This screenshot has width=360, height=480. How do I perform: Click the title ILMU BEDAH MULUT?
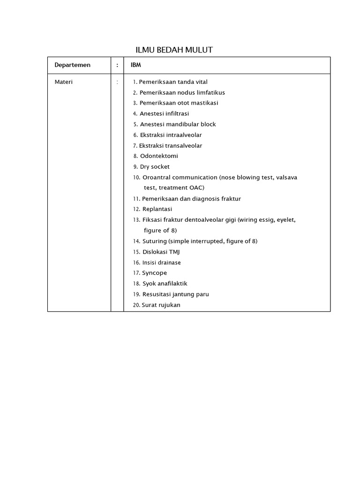pos(174,50)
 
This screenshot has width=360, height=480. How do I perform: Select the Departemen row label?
pos(72,65)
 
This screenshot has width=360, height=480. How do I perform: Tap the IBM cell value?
pos(136,65)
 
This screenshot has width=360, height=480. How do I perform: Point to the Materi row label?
pos(64,82)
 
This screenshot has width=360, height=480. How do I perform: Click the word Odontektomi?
pos(159,156)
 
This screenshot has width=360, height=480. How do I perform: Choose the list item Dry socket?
pos(155,167)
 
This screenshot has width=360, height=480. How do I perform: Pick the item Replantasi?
pos(157,209)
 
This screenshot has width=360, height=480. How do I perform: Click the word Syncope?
pos(154,273)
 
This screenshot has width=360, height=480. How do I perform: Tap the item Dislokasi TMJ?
pos(161,252)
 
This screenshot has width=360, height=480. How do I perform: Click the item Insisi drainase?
pos(161,262)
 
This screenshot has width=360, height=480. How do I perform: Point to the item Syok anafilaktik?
pos(165,284)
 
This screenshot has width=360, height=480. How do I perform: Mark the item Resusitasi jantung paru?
pos(175,294)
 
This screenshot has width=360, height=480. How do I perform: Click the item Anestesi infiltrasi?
pos(164,113)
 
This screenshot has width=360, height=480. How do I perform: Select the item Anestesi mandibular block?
pos(178,124)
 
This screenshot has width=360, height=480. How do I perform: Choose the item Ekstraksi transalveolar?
pos(171,146)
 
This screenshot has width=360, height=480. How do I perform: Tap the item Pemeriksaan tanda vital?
pos(173,82)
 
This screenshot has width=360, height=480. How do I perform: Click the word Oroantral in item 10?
pos(157,178)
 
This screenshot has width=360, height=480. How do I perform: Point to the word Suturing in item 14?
pos(154,241)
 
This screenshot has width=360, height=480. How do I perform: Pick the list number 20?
pos(136,305)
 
